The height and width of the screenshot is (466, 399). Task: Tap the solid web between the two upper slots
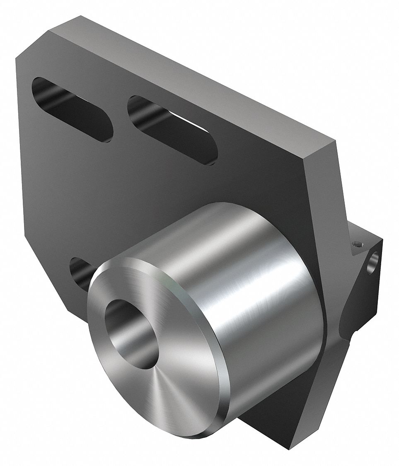coord(120,120)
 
